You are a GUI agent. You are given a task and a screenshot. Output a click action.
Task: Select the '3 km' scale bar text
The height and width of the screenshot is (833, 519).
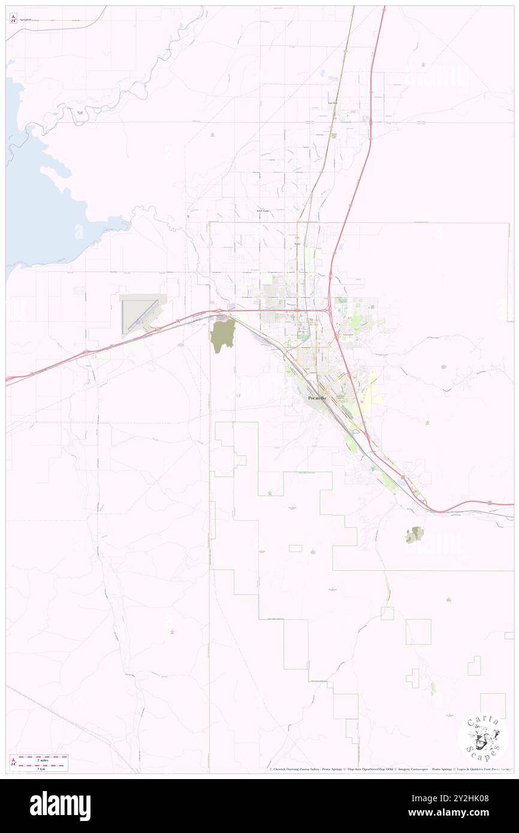click(41, 768)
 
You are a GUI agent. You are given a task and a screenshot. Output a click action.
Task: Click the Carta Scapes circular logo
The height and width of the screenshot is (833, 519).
click(482, 738)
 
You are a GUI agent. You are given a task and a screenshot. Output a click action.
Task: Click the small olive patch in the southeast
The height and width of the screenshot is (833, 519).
click(414, 535)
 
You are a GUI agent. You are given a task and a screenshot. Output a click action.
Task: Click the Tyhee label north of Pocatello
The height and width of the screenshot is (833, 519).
click(297, 245)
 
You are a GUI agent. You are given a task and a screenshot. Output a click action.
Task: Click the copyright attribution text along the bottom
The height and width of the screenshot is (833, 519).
click(390, 769)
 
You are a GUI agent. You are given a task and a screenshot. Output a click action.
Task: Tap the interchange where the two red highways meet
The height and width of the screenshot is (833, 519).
click(328, 310)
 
